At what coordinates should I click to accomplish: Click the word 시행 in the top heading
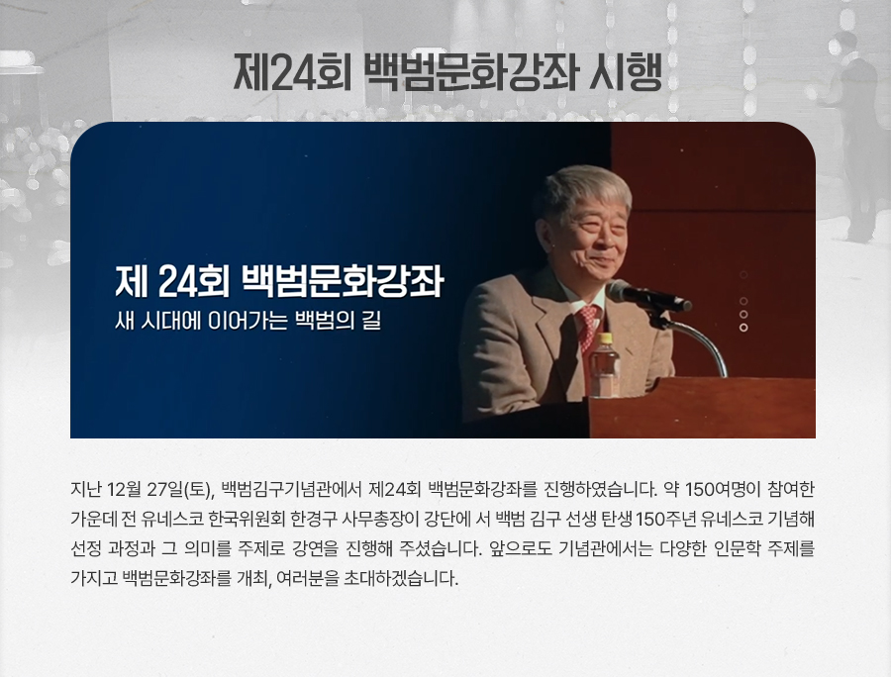625,72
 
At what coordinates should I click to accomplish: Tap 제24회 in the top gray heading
292,72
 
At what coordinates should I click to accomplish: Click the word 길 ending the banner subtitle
371,321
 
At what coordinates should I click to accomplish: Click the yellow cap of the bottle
605,338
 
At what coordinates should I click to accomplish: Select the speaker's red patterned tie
588,326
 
